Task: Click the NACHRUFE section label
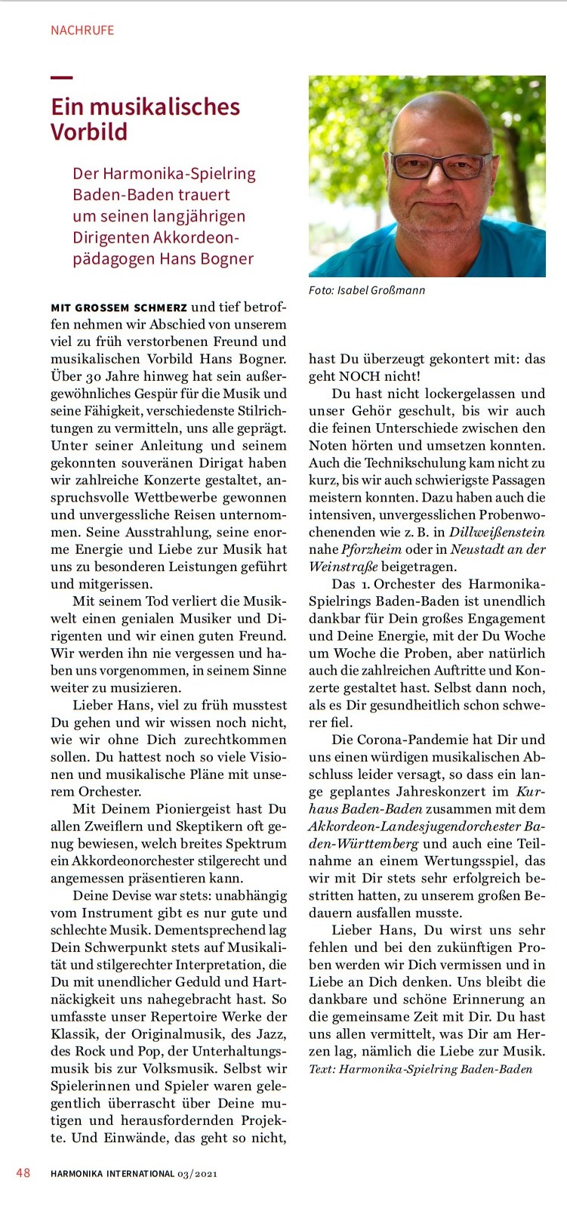point(82,30)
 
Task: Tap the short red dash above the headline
point(62,77)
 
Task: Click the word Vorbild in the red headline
point(89,132)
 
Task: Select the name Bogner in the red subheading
point(225,258)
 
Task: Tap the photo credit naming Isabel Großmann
point(367,290)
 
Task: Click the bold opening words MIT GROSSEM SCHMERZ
point(119,307)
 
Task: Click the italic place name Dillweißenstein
point(496,532)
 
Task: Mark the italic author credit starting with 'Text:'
point(421,1069)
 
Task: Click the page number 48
point(23,1173)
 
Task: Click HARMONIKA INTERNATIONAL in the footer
point(112,1174)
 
